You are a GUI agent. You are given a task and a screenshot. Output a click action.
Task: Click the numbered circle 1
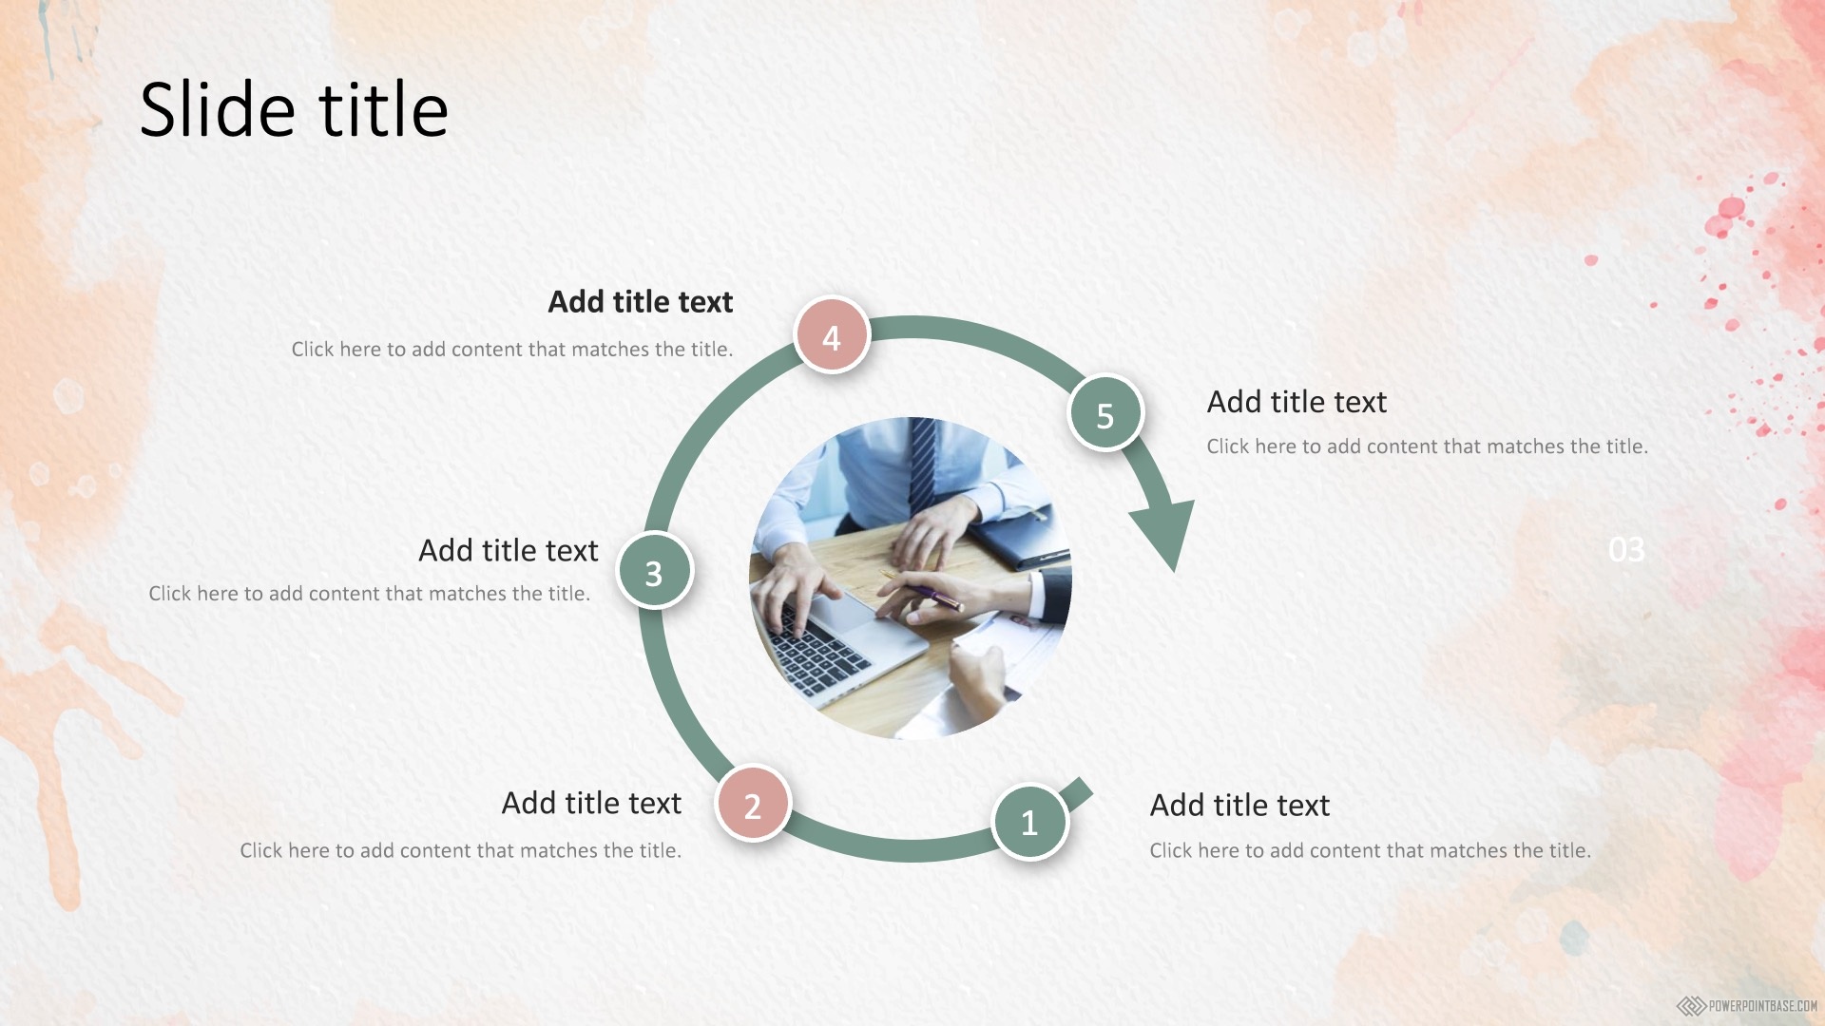click(x=1029, y=822)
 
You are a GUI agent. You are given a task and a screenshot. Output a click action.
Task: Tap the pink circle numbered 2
click(x=753, y=804)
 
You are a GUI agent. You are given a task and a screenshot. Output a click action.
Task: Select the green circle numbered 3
click(x=654, y=571)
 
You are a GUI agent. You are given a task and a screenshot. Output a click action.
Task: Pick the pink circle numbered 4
click(x=832, y=335)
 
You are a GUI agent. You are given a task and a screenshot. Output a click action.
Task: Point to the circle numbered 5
click(x=1105, y=413)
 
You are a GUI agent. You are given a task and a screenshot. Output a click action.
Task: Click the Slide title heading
click(x=294, y=109)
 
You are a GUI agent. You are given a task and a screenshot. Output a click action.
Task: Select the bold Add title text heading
click(x=641, y=301)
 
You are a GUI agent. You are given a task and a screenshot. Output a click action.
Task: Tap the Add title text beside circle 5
click(x=1297, y=402)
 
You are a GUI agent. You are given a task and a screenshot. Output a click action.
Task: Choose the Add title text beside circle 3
click(x=509, y=550)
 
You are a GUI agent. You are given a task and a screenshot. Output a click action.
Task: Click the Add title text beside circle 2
click(x=591, y=803)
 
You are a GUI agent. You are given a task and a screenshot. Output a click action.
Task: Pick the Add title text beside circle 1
click(x=1239, y=805)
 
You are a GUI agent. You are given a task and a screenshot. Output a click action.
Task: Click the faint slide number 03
click(x=1626, y=549)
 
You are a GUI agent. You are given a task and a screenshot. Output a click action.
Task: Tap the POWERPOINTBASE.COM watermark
click(x=1747, y=1006)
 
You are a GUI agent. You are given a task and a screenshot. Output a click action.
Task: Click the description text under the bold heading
click(x=512, y=349)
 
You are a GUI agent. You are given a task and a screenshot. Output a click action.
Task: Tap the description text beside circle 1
click(x=1370, y=850)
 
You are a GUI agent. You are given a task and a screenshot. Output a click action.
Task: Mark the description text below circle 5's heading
click(x=1428, y=446)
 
